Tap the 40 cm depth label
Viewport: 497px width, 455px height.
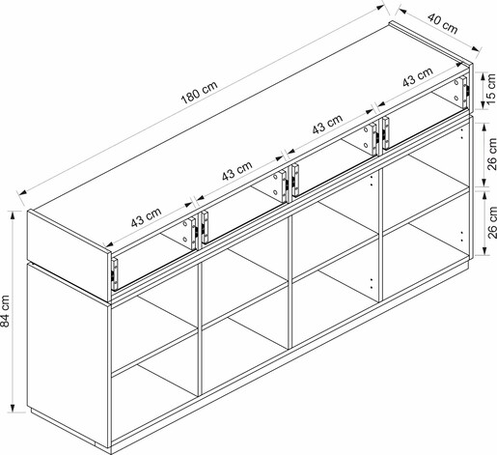click(x=442, y=23)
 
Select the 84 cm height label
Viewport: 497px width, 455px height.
click(x=6, y=311)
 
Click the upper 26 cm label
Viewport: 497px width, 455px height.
click(x=491, y=154)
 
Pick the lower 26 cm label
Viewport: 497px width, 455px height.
click(x=491, y=222)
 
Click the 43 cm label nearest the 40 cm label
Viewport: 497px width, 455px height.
click(x=418, y=77)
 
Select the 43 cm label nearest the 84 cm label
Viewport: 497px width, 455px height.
click(x=146, y=217)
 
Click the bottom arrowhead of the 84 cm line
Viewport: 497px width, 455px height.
click(x=14, y=408)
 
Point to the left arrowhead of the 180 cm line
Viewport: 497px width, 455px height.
click(x=22, y=193)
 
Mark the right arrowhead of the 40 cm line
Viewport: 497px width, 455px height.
click(x=476, y=49)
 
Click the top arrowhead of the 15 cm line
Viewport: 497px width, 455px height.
click(x=483, y=76)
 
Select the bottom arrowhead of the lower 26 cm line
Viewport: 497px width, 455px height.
click(x=483, y=251)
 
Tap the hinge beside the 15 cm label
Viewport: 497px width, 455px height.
click(x=465, y=92)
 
